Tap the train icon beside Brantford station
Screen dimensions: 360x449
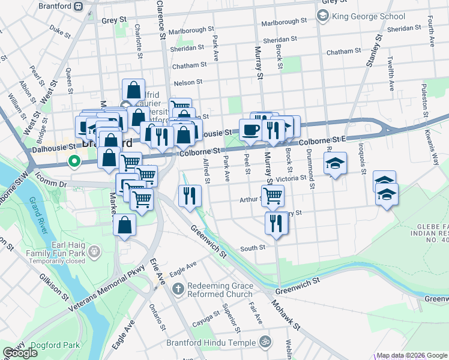(79, 7)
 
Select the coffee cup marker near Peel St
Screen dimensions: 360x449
(250, 130)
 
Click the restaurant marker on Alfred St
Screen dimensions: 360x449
(189, 195)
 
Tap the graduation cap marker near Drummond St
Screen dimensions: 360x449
(335, 163)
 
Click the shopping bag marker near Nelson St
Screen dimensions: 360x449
(133, 90)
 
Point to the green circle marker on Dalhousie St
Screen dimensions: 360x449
(74, 161)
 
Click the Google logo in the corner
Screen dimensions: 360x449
(20, 353)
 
